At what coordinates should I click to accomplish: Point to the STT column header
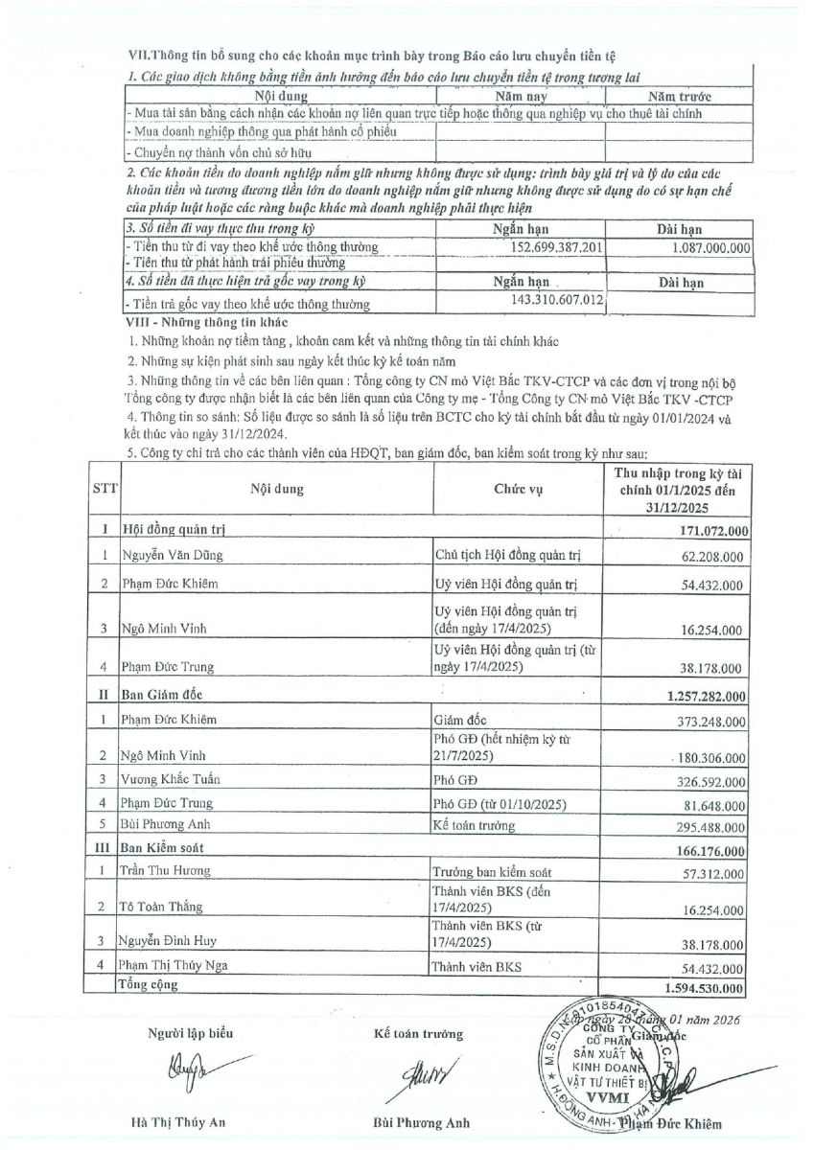click(105, 489)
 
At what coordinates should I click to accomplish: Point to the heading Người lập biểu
click(190, 1033)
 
